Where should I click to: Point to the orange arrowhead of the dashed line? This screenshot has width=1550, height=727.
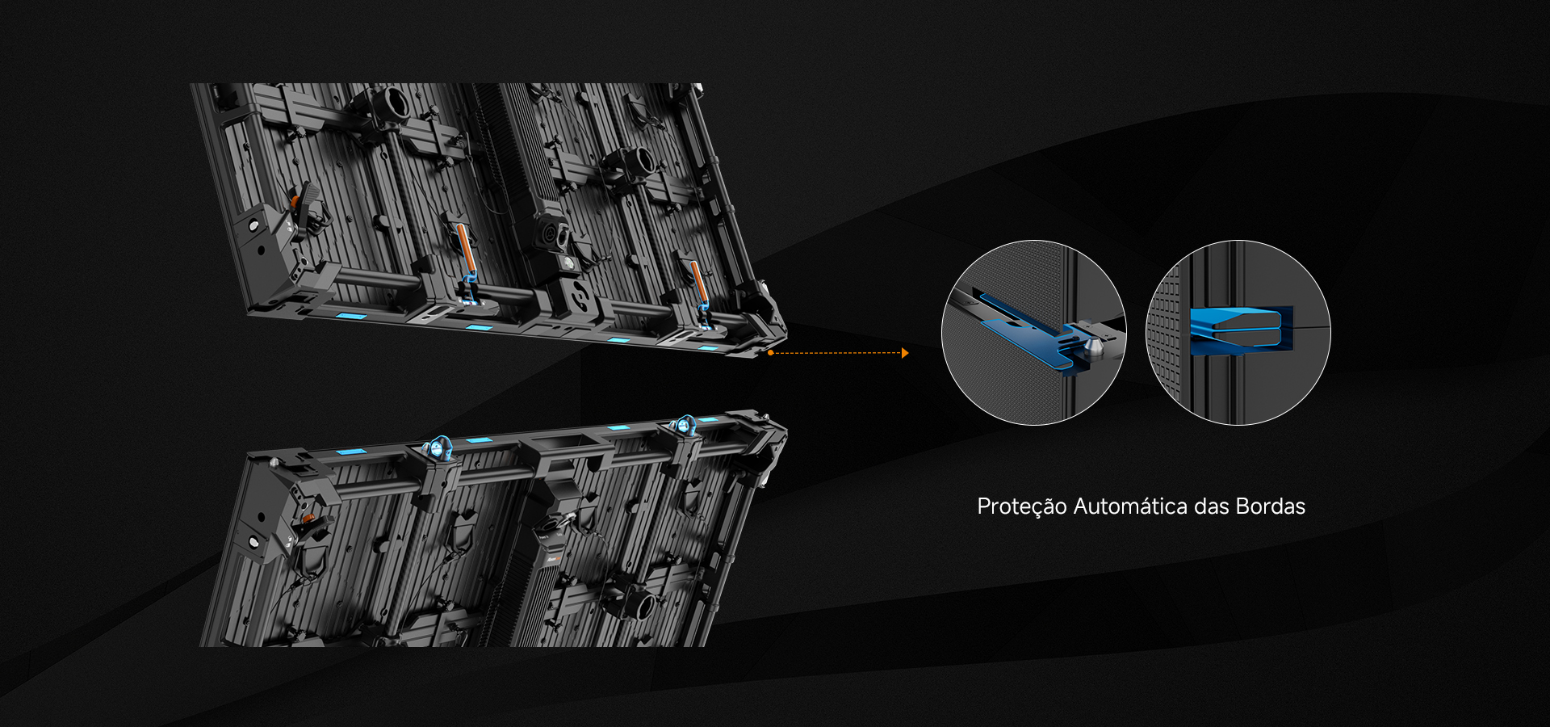pos(905,353)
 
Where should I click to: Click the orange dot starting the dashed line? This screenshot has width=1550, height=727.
pos(771,353)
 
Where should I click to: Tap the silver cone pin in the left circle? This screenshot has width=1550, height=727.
pos(1095,347)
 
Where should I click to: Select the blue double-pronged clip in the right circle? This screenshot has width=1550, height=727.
pos(1241,330)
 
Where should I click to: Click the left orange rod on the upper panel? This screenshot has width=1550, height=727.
pos(463,250)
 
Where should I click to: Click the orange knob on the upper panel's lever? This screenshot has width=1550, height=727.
pos(295,199)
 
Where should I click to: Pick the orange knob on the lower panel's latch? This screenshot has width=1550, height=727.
pos(307,516)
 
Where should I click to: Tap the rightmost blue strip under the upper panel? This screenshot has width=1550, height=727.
pos(708,348)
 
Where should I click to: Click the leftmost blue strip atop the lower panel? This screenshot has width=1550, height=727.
pos(351,451)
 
